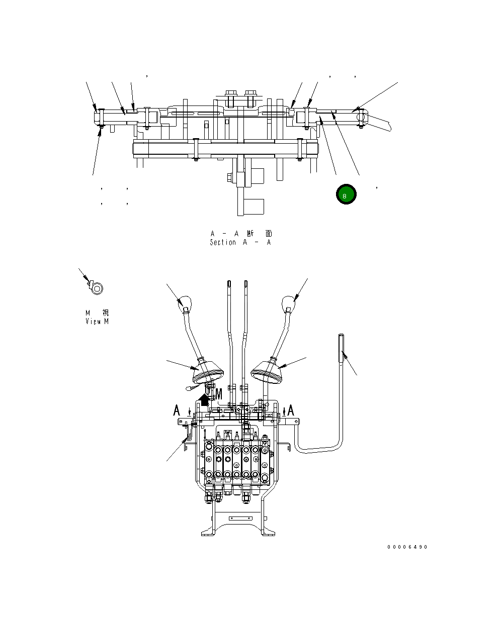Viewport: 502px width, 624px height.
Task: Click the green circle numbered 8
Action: tap(346, 194)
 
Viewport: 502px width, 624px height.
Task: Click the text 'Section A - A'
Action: tap(240, 242)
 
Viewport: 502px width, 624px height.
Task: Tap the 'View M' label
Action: tap(97, 321)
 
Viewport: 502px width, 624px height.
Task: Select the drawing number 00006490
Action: tap(407, 547)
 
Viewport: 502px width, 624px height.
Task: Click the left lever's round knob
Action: tap(185, 302)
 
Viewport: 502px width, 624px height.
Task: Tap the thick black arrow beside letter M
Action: tap(204, 399)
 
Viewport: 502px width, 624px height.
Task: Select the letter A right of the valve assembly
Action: tap(290, 410)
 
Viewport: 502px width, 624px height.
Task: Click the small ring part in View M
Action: tap(96, 289)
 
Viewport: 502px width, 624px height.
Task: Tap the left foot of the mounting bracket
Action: tap(209, 531)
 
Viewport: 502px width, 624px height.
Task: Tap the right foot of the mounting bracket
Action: tap(268, 531)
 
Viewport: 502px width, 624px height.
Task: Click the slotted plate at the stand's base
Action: tap(239, 518)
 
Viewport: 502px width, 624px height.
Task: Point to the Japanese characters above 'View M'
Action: tap(97, 313)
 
